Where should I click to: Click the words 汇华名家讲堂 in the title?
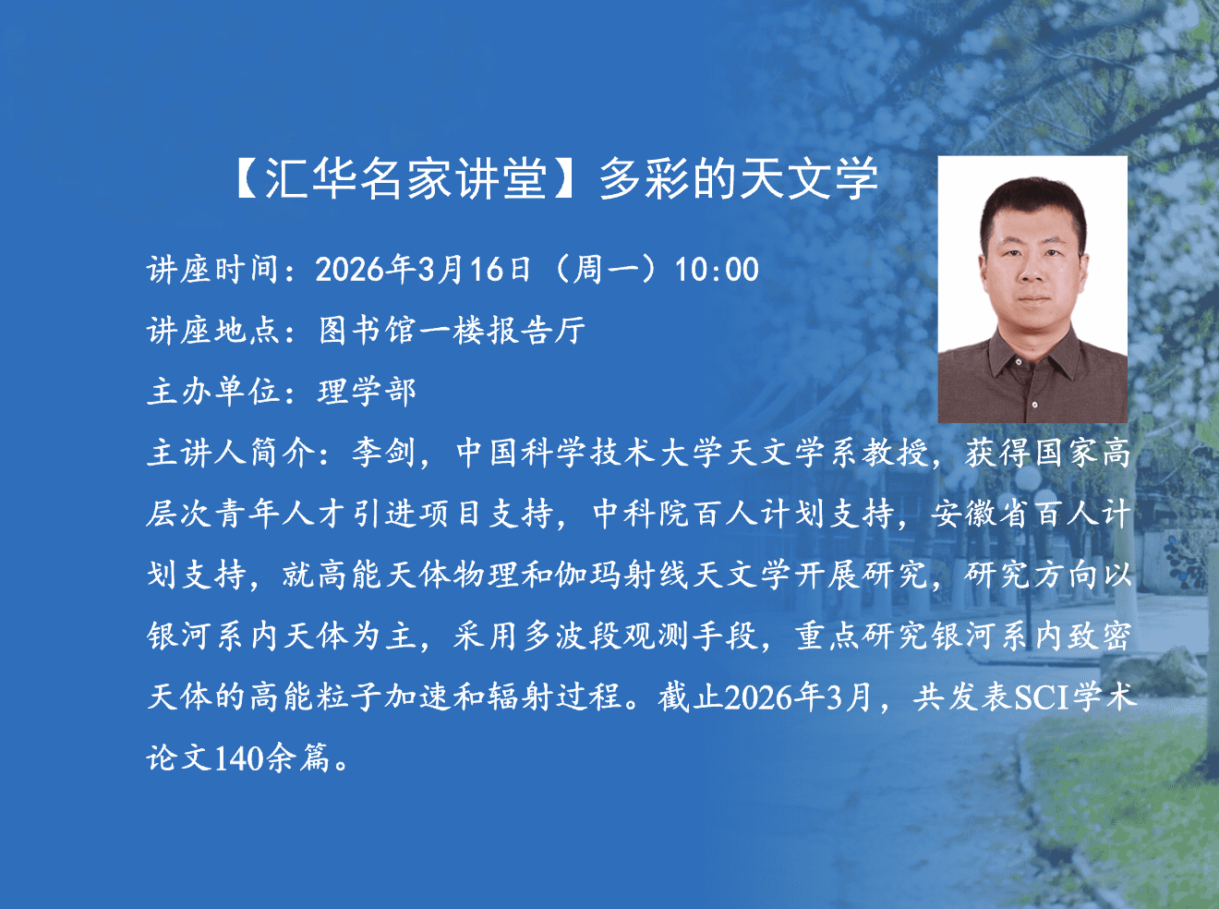(406, 179)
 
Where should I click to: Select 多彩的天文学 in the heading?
(738, 179)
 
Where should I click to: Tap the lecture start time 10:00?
(717, 270)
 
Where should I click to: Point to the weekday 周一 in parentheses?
(607, 270)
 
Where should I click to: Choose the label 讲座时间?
(212, 270)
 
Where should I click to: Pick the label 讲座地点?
(212, 331)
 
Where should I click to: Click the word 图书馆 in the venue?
(368, 331)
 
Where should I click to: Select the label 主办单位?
(212, 392)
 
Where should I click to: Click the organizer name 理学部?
(367, 392)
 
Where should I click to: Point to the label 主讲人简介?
(230, 453)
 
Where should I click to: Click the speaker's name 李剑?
(384, 453)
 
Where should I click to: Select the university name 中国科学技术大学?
(590, 453)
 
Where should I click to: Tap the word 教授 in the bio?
(895, 453)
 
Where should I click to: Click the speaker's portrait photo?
(1032, 289)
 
